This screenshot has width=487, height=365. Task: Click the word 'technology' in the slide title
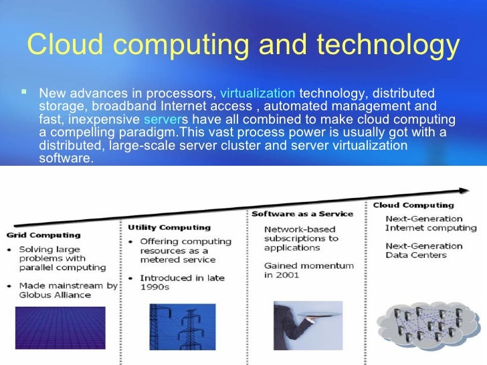[x=389, y=45]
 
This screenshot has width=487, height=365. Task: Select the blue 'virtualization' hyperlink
[x=257, y=93]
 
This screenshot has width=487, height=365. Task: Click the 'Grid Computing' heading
[x=43, y=235]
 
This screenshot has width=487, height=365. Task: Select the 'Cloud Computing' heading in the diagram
[x=413, y=205]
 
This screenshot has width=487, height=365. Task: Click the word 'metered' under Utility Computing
[x=157, y=259]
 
